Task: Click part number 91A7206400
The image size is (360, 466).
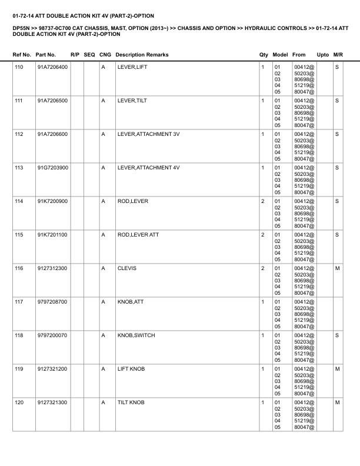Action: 52,68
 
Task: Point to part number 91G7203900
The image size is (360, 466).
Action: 52,168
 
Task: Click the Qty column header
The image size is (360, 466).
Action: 264,55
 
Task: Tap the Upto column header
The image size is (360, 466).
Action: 323,55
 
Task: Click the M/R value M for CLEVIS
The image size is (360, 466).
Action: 337,269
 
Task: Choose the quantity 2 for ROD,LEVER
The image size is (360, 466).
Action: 262,202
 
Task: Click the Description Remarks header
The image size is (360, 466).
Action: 142,55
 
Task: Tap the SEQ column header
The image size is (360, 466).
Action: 89,55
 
